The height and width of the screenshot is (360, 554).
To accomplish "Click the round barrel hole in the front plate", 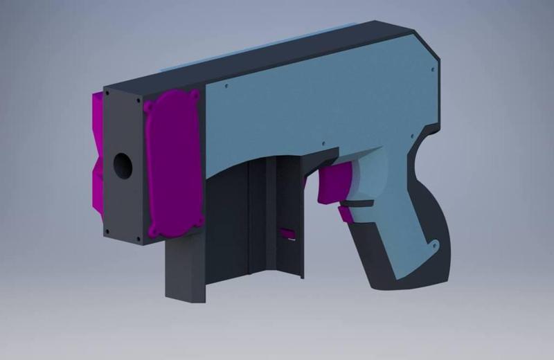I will pos(123,165).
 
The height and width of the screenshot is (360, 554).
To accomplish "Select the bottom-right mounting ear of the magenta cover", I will pos(199,222).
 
